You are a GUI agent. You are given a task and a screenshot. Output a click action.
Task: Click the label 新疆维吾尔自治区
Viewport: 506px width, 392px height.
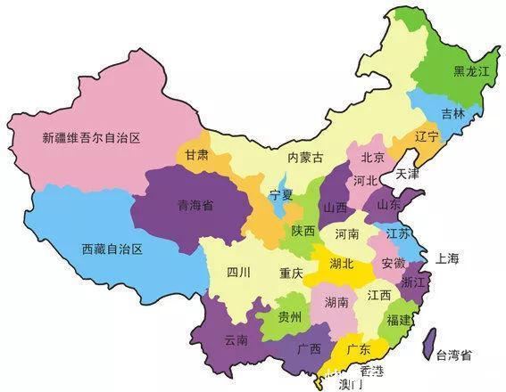point(92,138)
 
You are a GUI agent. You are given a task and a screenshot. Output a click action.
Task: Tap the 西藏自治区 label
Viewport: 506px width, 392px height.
point(112,249)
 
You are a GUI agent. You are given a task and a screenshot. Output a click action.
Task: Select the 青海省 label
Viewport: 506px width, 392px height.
point(195,204)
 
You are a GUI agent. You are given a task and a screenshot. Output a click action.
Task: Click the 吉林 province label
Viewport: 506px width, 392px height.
point(452,114)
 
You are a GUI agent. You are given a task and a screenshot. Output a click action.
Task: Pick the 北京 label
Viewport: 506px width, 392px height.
point(372,158)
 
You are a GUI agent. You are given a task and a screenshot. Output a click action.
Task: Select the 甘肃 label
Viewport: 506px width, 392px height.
point(197,154)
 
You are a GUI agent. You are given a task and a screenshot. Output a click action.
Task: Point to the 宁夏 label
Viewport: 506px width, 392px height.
point(283,193)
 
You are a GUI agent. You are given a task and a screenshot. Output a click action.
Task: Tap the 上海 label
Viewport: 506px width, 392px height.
point(447,258)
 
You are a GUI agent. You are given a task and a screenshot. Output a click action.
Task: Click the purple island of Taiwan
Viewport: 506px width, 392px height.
point(427,344)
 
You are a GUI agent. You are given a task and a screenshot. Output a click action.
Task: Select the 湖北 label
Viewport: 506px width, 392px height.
point(341,264)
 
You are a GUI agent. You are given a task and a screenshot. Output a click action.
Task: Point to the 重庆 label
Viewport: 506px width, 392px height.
point(290,273)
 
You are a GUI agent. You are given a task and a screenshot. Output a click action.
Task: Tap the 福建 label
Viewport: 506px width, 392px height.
point(399,318)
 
